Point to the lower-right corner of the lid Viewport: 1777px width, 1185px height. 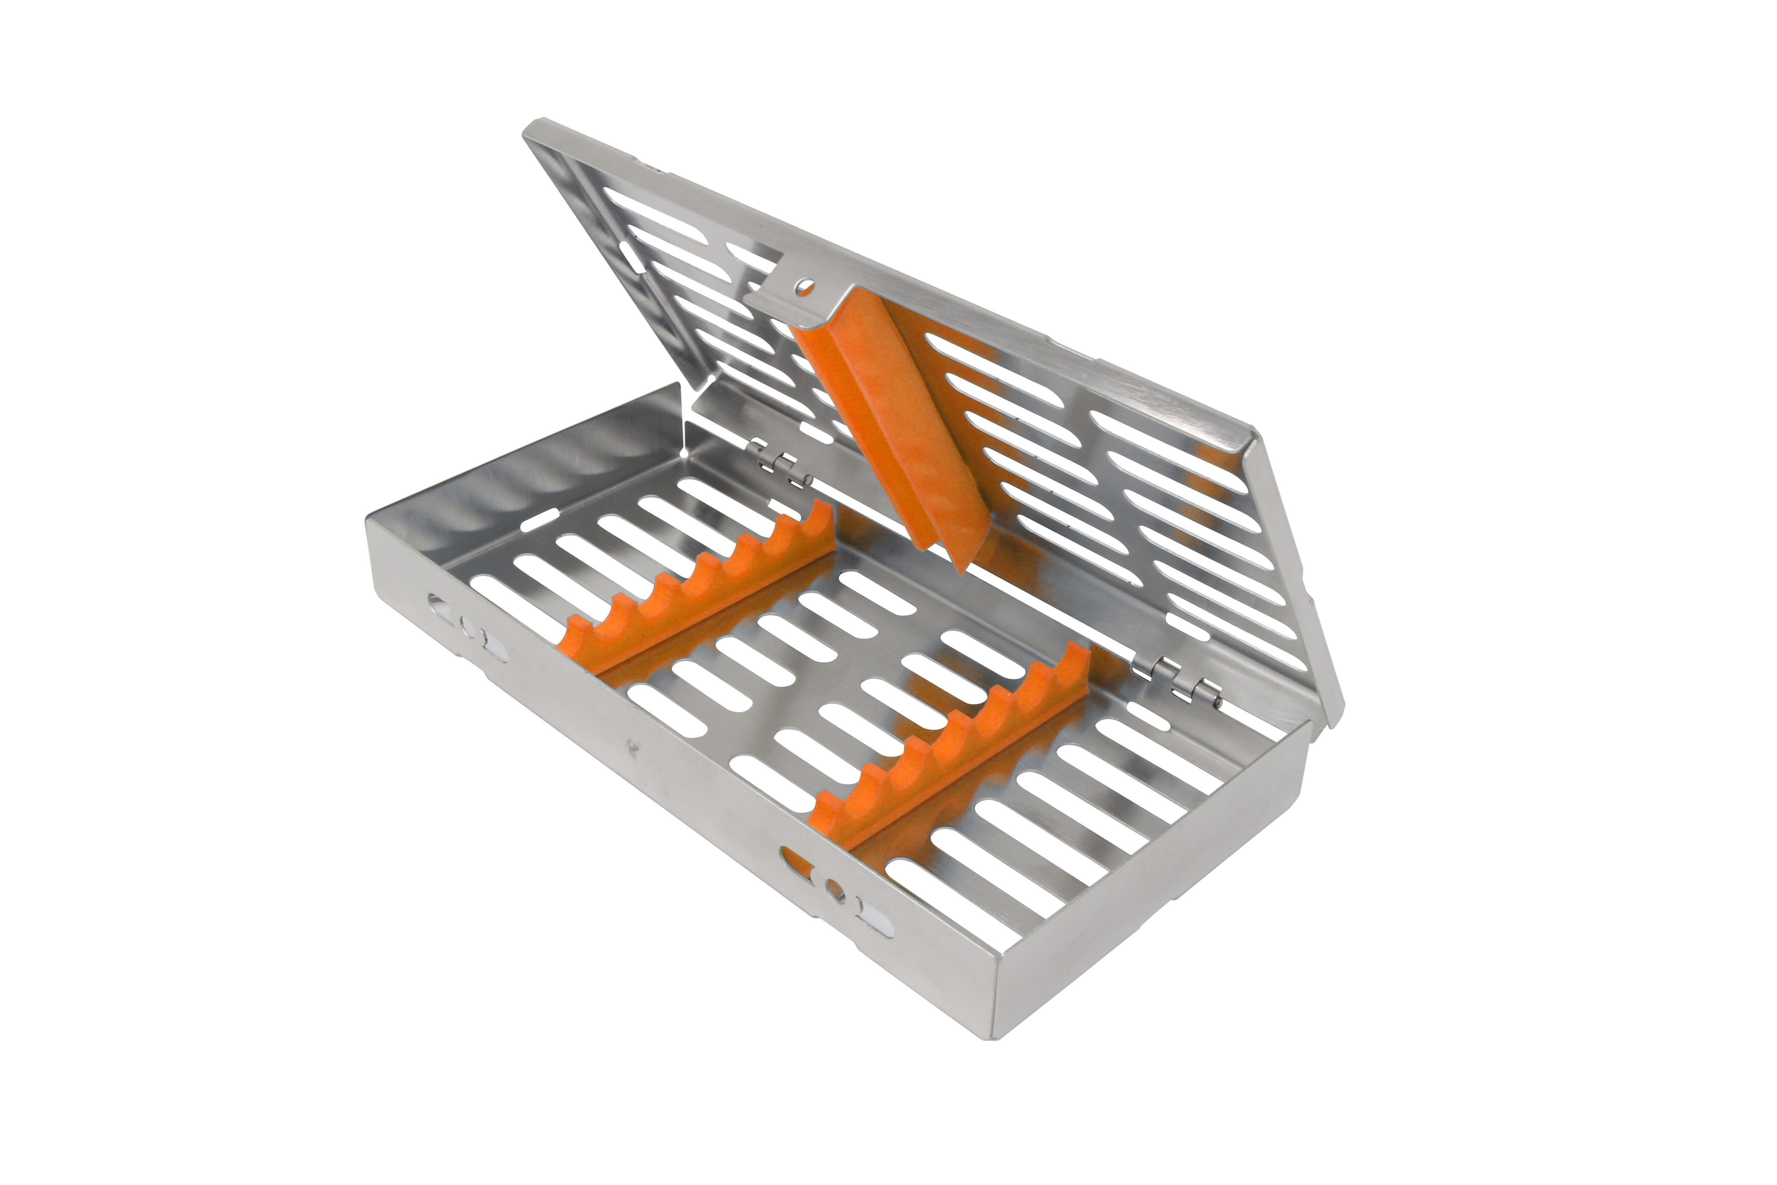click(x=1333, y=722)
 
